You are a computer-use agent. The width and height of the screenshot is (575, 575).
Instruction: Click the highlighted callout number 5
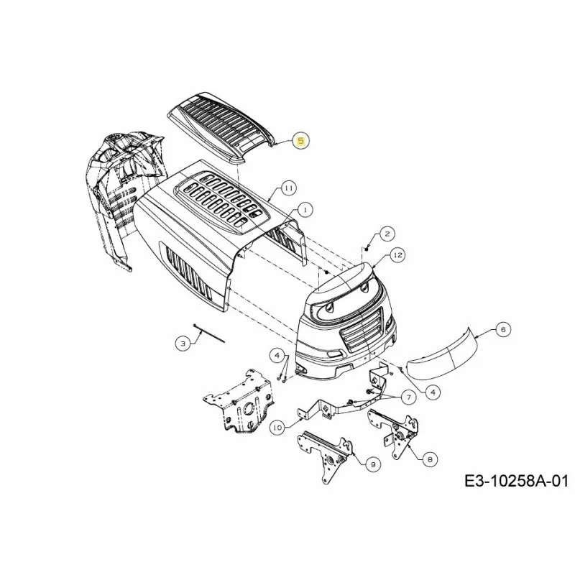coord(301,141)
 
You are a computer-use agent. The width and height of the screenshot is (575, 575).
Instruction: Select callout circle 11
coord(289,188)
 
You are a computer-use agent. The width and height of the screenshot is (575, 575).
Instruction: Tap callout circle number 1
coord(305,210)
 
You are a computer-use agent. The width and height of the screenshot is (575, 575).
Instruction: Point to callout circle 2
coord(387,234)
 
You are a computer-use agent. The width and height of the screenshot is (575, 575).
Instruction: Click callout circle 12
coord(398,255)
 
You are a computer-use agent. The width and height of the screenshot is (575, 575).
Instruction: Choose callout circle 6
coord(503,330)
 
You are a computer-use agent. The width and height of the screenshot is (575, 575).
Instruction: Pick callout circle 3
coord(183,344)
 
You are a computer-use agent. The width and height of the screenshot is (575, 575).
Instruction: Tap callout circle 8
coord(430,459)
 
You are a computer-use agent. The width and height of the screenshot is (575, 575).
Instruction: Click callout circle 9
coord(372,464)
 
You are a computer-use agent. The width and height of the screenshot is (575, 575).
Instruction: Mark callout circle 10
coord(278,428)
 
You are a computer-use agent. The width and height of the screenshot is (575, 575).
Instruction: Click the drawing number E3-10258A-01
coord(516,480)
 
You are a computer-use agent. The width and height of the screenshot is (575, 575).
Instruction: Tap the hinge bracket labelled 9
coord(325,455)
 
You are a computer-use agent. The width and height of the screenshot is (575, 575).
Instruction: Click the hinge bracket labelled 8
coord(394,433)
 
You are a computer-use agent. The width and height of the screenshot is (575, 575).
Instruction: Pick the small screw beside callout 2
coord(367,249)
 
